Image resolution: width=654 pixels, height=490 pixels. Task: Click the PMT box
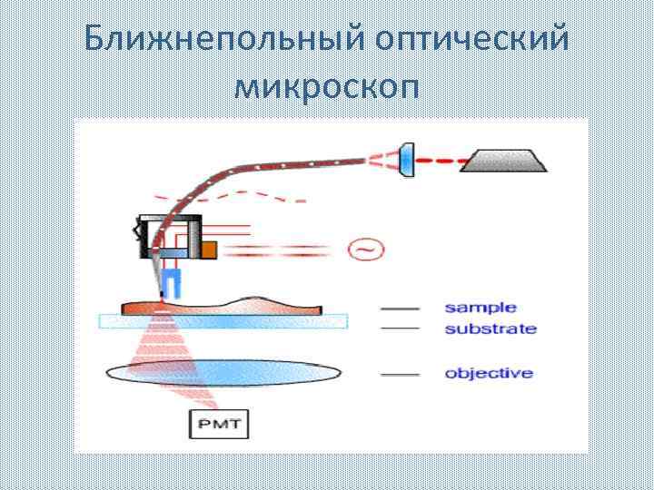coord(219,423)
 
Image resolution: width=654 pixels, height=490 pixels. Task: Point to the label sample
coord(480,309)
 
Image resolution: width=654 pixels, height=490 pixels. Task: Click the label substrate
coord(490,328)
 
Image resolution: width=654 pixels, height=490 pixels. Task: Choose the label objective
coord(488,373)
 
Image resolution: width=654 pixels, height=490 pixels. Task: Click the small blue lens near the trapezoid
coord(406,159)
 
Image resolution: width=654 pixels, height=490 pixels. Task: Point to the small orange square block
coord(208,249)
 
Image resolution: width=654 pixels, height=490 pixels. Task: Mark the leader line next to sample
coord(400,309)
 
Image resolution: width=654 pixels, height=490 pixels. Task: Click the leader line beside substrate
coord(400,328)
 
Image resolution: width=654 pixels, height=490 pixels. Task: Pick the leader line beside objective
coord(400,374)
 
